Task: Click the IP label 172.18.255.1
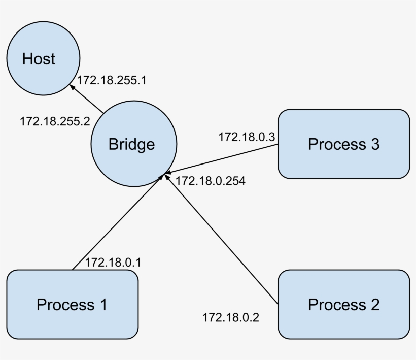coord(112,80)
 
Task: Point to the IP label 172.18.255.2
coord(55,122)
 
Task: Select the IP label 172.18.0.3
coord(247,137)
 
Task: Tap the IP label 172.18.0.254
coord(211,181)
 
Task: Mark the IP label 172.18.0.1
coord(113,263)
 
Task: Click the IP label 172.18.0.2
coord(231,318)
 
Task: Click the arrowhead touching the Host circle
coord(74,87)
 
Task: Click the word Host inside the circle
coord(39,59)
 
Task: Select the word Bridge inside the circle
coord(131,144)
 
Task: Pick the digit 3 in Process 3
coord(374,144)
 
